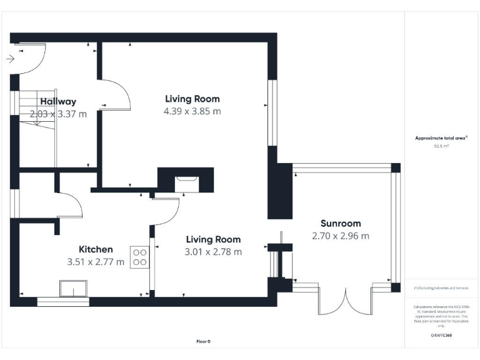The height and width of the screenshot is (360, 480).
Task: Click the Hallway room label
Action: click(58, 101)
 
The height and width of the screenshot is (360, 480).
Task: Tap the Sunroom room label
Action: click(340, 224)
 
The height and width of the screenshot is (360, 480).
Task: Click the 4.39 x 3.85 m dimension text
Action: click(192, 111)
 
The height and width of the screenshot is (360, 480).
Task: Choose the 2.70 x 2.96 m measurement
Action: click(340, 236)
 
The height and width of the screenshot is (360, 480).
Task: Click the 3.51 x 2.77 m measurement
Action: click(96, 261)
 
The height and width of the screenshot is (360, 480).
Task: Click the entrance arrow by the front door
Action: click(10, 59)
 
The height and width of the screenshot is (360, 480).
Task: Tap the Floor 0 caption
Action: click(203, 341)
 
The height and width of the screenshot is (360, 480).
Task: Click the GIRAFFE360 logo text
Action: click(441, 336)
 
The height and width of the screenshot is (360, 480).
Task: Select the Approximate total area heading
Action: click(441, 139)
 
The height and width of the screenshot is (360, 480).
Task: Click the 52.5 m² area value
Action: click(441, 147)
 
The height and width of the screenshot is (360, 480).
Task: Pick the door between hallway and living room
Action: click(115, 94)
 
